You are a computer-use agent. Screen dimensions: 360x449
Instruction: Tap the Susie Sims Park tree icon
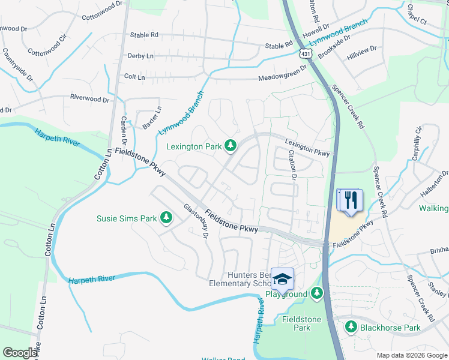pyautogui.click(x=166, y=218)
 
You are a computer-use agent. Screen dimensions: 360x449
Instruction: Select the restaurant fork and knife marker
pyautogui.click(x=350, y=199)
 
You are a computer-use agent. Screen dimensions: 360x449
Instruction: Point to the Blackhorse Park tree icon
pyautogui.click(x=351, y=327)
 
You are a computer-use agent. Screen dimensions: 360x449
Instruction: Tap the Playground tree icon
pyautogui.click(x=317, y=294)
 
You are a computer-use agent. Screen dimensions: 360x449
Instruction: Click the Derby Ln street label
pyautogui.click(x=140, y=56)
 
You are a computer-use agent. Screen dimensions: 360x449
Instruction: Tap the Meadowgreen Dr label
pyautogui.click(x=281, y=78)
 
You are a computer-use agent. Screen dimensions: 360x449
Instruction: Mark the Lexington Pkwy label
pyautogui.click(x=307, y=148)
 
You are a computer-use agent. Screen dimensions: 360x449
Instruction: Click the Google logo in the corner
pyautogui.click(x=20, y=353)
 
